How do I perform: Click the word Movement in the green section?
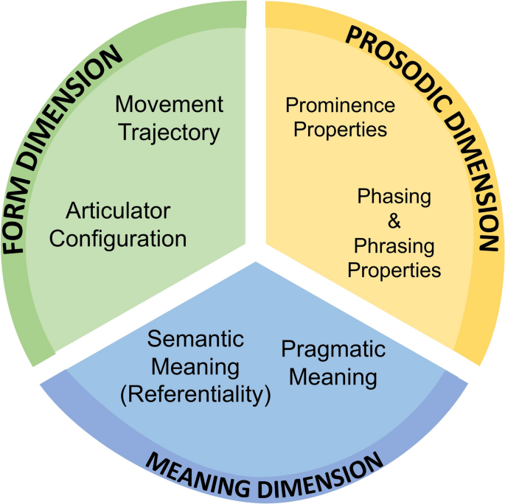point(169,104)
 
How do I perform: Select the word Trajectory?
point(169,133)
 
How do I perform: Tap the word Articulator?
point(118,211)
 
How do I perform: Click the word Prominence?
point(340,105)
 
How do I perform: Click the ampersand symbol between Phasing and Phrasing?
point(394,221)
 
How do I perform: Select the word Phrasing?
point(394,245)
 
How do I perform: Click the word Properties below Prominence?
point(336,130)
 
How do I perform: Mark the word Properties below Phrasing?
point(394,270)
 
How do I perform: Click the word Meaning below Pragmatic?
point(332,377)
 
